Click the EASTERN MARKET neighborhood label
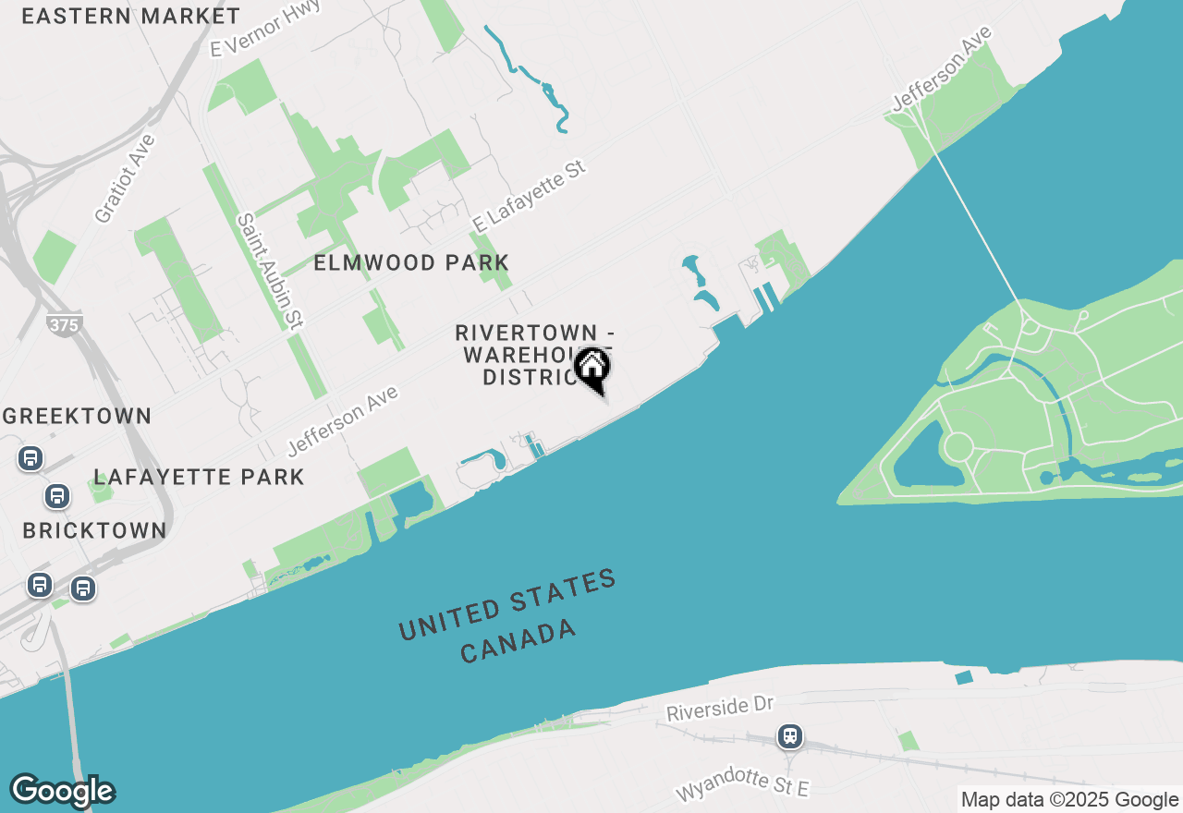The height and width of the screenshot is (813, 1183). click(130, 16)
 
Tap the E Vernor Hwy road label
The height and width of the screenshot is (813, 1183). click(265, 29)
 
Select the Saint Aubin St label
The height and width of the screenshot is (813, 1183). click(270, 272)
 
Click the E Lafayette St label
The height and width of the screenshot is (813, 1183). click(529, 197)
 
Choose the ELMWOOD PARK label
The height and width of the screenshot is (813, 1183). click(411, 263)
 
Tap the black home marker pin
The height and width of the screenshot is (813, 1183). click(591, 369)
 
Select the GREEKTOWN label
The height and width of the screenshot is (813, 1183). click(77, 416)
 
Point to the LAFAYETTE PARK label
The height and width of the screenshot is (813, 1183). click(199, 477)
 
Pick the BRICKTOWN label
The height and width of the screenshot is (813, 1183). click(94, 531)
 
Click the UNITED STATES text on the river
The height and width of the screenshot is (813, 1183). click(507, 606)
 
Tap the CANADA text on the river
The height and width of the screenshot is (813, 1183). click(518, 642)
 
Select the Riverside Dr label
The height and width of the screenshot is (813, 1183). click(719, 709)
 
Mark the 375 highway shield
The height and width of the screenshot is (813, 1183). click(64, 325)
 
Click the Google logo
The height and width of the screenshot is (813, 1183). click(62, 791)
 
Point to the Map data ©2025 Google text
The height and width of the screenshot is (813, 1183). click(1069, 800)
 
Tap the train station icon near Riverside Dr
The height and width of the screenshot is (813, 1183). click(789, 736)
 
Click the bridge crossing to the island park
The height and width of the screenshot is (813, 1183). click(975, 226)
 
